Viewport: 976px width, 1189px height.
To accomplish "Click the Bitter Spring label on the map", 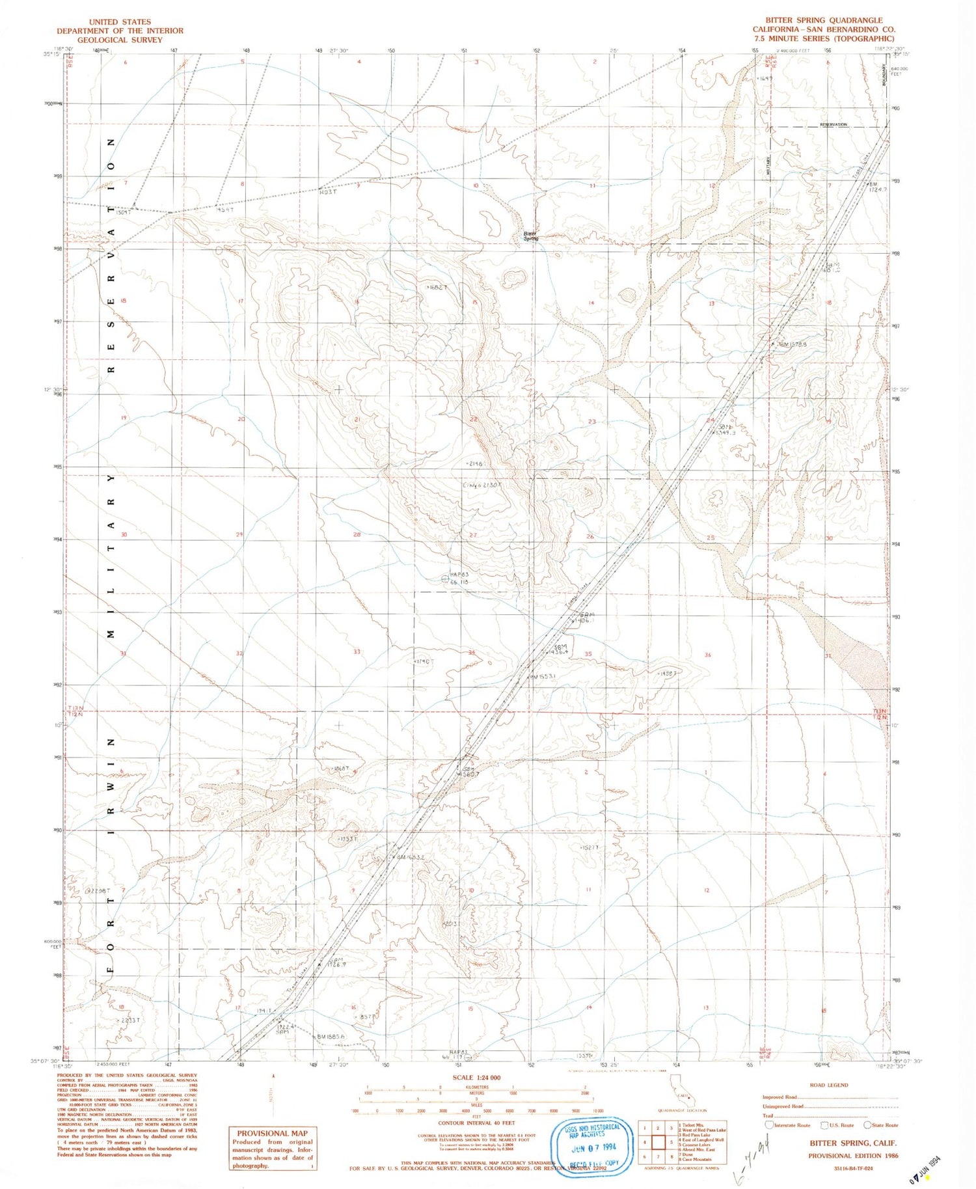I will point(531,236).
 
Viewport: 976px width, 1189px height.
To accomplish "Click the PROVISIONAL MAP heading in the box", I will point(272,1133).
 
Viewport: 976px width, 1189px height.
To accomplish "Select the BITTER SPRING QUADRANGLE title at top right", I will point(824,21).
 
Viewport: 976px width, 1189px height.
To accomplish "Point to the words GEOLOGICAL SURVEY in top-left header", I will point(120,40).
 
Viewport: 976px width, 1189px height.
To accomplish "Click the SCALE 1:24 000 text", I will point(476,1078).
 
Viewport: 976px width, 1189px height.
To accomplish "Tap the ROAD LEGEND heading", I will point(828,1085).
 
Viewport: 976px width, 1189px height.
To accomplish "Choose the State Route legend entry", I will point(882,1125).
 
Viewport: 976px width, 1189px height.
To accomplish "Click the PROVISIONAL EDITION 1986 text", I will point(853,1156).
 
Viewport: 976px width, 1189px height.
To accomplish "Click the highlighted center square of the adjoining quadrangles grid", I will point(658,1142).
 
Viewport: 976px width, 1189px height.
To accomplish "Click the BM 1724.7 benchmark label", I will point(878,187).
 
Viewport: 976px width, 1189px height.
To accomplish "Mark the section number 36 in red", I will point(707,655).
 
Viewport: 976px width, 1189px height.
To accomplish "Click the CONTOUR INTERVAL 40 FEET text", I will point(476,1123).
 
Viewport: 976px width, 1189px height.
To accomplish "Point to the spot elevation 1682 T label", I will point(437,287).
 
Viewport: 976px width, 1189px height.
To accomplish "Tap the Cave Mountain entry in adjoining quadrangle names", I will point(696,1160).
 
